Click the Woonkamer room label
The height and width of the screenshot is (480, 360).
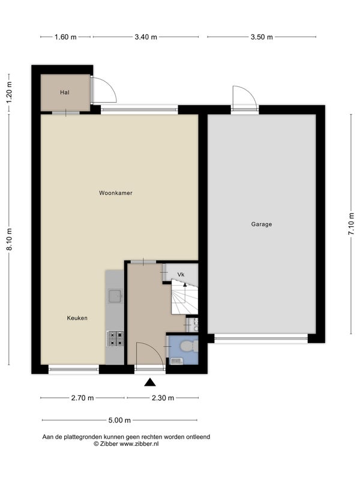point(116,193)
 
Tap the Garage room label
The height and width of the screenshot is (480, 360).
point(262,224)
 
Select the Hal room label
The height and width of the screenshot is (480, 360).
point(65,92)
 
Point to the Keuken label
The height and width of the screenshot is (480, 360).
point(77,318)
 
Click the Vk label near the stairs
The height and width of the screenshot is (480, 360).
point(181,275)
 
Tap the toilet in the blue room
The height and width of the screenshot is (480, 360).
point(189,346)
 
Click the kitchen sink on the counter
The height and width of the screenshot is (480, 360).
point(115,296)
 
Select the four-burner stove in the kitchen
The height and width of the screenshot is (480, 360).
point(115,338)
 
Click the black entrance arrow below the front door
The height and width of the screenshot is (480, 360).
point(150,382)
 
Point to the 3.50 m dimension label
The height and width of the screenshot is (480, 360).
point(262,37)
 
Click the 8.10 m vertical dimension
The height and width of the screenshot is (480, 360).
point(10,239)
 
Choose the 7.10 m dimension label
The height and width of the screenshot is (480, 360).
point(351,224)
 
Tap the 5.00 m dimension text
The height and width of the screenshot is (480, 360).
point(119,421)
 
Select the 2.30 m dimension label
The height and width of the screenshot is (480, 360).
point(163,398)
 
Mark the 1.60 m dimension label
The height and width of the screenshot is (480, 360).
point(65,37)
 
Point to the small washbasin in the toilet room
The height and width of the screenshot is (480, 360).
point(176,361)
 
